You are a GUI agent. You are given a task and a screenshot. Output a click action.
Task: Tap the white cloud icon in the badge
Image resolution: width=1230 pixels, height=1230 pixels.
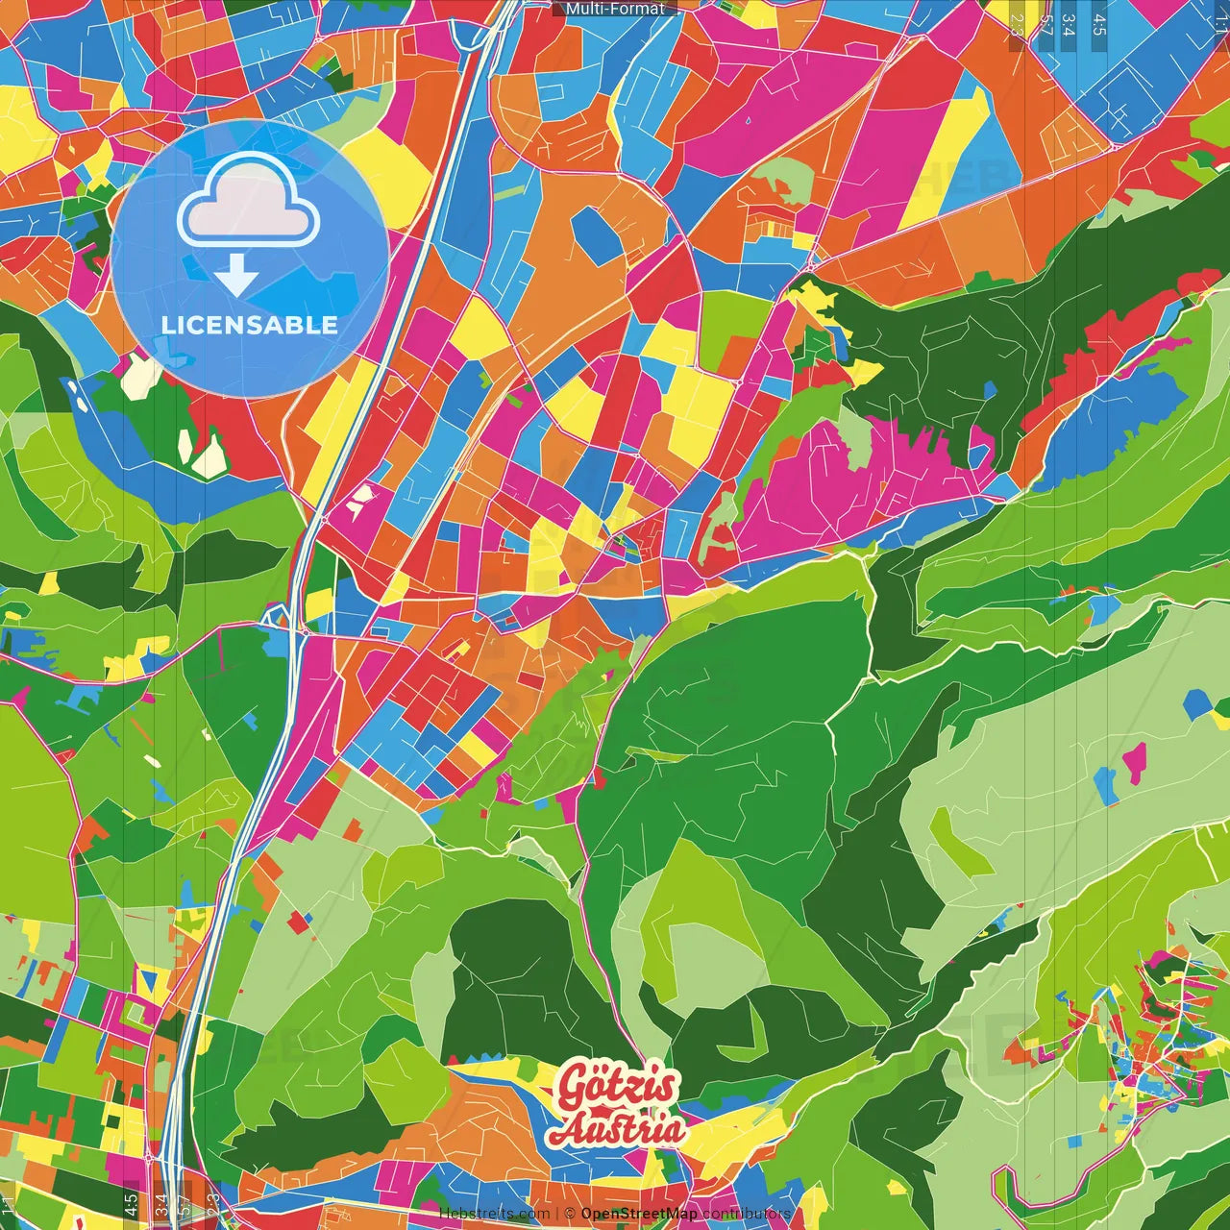(x=248, y=201)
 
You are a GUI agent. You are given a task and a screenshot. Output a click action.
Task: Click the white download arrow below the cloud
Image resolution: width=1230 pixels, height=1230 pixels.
(x=236, y=278)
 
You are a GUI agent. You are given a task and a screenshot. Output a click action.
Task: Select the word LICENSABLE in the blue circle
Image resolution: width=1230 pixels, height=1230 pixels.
(x=250, y=325)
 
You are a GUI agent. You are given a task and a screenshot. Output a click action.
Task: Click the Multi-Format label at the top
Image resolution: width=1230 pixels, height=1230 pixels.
(x=615, y=9)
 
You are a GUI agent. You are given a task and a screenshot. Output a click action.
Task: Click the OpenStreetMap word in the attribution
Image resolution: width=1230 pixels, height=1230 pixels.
(x=639, y=1214)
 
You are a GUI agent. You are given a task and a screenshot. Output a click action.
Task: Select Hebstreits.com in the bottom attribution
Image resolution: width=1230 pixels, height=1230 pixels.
(x=494, y=1214)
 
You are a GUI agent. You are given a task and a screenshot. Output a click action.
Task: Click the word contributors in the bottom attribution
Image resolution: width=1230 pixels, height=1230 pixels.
(x=747, y=1214)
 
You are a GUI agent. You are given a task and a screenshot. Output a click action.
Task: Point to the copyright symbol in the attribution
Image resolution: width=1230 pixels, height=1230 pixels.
(x=570, y=1214)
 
